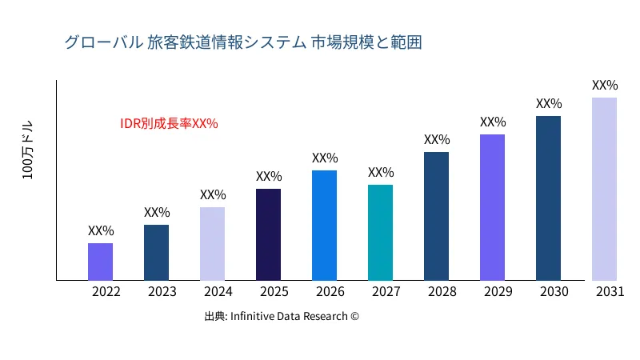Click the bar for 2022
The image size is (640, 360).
100,262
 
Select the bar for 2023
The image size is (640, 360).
156,253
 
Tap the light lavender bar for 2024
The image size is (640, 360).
212,244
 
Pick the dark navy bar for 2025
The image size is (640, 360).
268,234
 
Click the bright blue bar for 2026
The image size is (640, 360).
324,226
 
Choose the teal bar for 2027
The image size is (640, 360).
380,233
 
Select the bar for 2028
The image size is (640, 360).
436,216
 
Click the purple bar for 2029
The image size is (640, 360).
492,207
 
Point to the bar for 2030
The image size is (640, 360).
548,198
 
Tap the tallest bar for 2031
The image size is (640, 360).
604,189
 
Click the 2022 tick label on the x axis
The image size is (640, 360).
106,292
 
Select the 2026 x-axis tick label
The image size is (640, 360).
330,292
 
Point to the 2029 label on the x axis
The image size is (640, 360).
498,292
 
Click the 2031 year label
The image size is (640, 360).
610,292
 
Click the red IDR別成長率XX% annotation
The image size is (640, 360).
169,123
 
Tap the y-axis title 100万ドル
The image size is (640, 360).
28,151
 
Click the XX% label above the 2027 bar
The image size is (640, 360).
381,172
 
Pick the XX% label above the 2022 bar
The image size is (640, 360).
101,230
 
